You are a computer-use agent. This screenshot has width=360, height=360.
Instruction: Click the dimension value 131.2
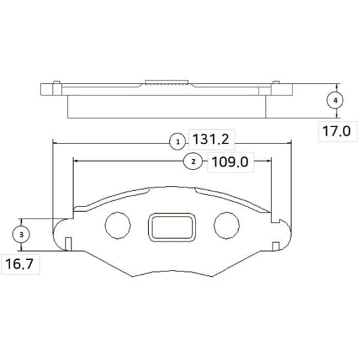tap(210, 139)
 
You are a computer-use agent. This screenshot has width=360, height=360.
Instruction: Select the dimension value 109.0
tap(230, 162)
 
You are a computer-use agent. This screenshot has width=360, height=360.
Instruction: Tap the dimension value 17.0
tap(336, 131)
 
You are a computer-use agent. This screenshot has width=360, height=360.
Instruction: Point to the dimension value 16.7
tap(19, 264)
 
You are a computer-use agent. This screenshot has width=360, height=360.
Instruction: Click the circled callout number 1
tap(177, 142)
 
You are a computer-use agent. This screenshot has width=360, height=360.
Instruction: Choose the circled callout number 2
tap(193, 162)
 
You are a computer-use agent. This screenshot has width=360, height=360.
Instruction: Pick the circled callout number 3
tap(21, 235)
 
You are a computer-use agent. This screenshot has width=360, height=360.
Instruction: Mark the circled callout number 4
tap(335, 100)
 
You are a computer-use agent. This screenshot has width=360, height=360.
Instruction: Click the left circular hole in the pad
tap(118, 225)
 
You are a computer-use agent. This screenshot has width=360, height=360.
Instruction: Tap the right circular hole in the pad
tap(227, 225)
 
